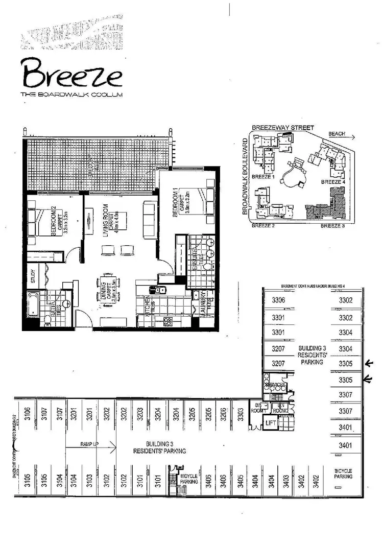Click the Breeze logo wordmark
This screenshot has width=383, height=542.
[71, 75]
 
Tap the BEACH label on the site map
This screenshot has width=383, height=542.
[337, 134]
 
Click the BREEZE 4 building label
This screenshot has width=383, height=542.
[333, 182]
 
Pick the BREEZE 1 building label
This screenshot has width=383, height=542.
[264, 177]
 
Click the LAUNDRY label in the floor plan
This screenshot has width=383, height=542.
[203, 303]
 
